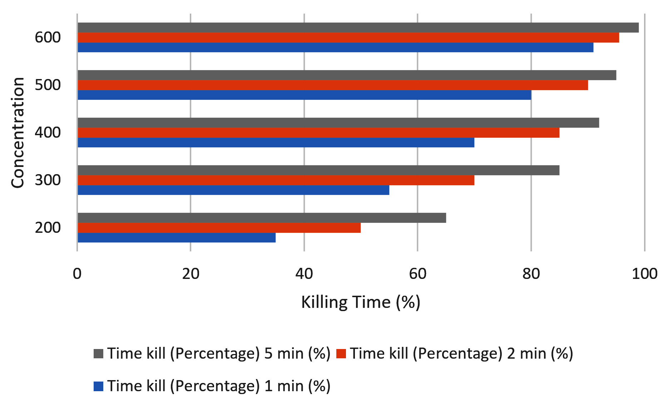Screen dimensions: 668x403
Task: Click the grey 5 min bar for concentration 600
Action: tap(358, 28)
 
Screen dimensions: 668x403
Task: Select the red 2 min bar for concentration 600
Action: tap(348, 38)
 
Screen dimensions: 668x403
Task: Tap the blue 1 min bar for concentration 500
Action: tap(305, 95)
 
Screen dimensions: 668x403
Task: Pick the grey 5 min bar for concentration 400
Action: tap(338, 123)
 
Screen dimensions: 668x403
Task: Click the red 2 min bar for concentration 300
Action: tap(276, 180)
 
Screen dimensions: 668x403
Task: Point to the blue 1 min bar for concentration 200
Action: tap(177, 237)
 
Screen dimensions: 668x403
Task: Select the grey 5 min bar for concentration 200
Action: tap(262, 218)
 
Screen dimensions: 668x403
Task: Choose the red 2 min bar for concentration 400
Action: tap(318, 133)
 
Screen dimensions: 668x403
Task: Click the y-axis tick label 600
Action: tap(48, 38)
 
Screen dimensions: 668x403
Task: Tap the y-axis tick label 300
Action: tap(48, 180)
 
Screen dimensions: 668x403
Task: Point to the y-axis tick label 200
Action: tap(48, 227)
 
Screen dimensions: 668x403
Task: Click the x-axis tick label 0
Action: tap(77, 274)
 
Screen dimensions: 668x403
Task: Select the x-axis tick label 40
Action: tap(304, 274)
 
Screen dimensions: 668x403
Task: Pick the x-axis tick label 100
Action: tap(644, 274)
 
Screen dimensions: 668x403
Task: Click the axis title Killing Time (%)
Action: tap(361, 303)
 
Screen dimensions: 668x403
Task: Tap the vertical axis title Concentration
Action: tap(18, 133)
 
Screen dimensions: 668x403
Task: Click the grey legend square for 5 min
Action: tap(99, 354)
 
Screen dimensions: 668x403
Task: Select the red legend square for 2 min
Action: tap(341, 354)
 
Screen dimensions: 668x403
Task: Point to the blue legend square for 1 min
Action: tap(99, 386)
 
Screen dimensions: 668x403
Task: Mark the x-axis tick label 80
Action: tap(531, 274)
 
